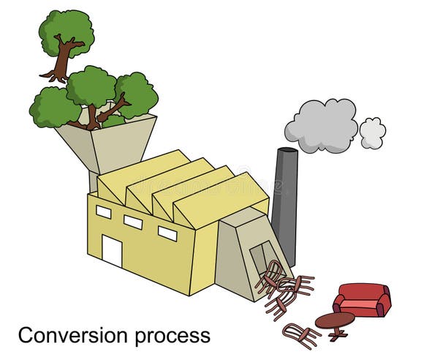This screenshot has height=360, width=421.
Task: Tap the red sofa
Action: tap(362, 299)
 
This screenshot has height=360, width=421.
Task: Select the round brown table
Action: tap(335, 320)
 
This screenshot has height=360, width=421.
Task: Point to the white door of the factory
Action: tap(112, 251)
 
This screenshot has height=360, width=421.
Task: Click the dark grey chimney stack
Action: tap(285, 205)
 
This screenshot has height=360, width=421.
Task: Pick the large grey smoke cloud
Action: tap(321, 124)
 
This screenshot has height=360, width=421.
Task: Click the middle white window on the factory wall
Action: tap(133, 222)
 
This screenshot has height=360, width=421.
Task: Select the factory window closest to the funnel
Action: tap(104, 211)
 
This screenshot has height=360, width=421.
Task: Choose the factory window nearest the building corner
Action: tap(167, 233)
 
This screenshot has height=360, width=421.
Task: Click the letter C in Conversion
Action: tap(26, 336)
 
